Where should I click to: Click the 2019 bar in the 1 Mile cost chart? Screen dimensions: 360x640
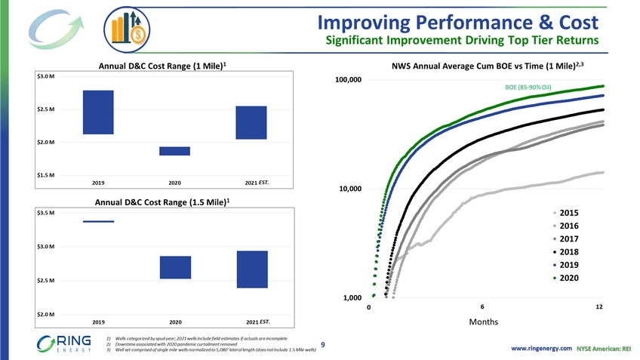[x=98, y=112]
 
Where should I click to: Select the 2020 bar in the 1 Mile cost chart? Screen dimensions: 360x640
[x=174, y=151]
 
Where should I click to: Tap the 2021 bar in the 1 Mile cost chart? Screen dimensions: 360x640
[x=251, y=122]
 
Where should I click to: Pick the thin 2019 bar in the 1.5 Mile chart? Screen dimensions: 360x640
[x=98, y=221]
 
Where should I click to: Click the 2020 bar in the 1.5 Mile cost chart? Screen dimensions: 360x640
[x=175, y=267]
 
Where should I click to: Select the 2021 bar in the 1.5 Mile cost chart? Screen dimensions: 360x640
[x=251, y=269]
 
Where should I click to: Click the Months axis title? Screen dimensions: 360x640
[x=483, y=322]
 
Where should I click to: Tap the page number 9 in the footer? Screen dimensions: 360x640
[x=322, y=345]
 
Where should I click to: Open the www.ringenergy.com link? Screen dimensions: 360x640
[x=541, y=348]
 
